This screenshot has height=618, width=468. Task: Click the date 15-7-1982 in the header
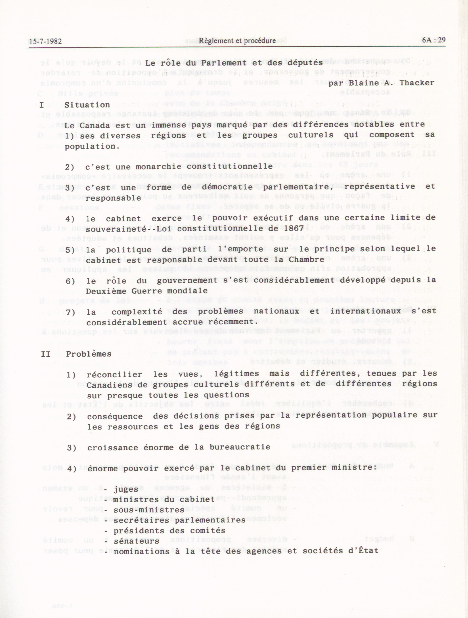click(x=45, y=42)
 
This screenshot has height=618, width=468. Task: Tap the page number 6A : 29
click(x=434, y=40)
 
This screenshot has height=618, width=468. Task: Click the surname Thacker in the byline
click(x=417, y=83)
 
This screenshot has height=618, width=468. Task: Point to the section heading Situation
click(x=87, y=105)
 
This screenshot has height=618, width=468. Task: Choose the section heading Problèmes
click(x=89, y=354)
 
